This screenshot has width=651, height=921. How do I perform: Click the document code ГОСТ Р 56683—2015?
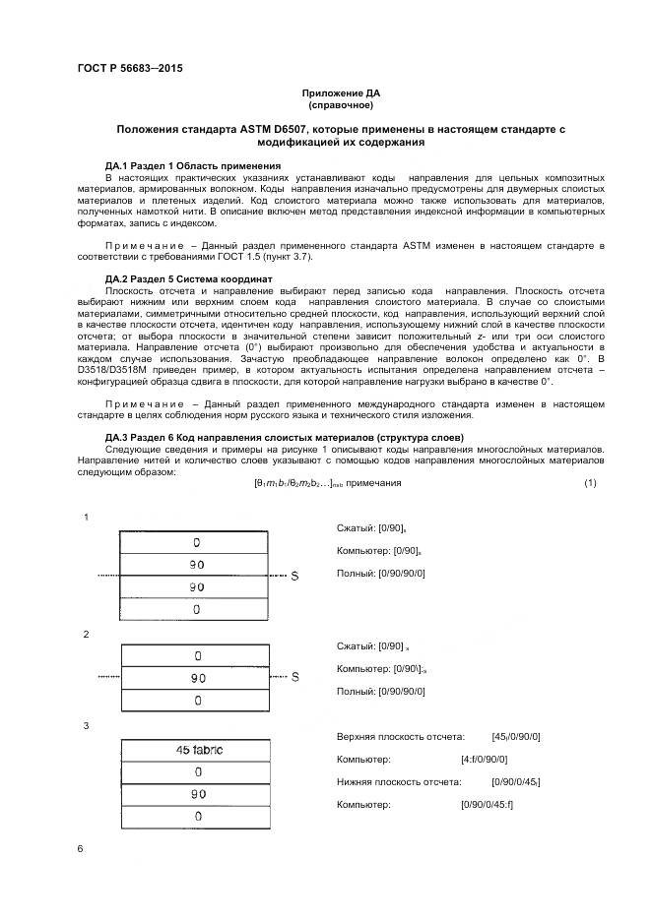pyautogui.click(x=129, y=68)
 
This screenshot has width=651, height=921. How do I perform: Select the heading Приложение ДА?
pyautogui.click(x=339, y=93)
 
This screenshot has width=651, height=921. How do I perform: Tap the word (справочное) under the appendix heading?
pyautogui.click(x=340, y=104)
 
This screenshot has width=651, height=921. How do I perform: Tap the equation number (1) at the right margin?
pyautogui.click(x=590, y=482)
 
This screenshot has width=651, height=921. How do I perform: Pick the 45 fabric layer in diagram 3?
pyautogui.click(x=199, y=751)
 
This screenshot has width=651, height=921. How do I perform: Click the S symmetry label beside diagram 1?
pyautogui.click(x=294, y=576)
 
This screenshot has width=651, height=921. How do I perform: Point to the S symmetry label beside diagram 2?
pyautogui.click(x=294, y=678)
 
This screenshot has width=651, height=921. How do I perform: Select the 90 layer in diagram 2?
pyautogui.click(x=199, y=678)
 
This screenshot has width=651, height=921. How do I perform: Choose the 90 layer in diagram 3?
pyautogui.click(x=199, y=794)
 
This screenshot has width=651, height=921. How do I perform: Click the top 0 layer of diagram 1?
pyautogui.click(x=199, y=542)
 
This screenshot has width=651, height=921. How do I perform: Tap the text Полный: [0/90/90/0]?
pyautogui.click(x=381, y=573)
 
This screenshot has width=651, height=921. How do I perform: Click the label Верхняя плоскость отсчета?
pyautogui.click(x=400, y=736)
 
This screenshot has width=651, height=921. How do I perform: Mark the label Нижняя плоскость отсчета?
pyautogui.click(x=399, y=782)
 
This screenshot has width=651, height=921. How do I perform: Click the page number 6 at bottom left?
pyautogui.click(x=80, y=847)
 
